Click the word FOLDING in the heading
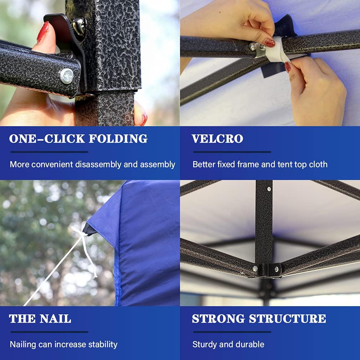click(118, 139)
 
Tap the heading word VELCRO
click(217, 139)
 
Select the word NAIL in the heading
click(55, 319)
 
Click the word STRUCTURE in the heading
click(287, 319)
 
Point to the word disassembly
click(98, 165)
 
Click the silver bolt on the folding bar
click(67, 76)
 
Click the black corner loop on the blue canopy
click(89, 229)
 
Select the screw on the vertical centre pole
click(269, 189)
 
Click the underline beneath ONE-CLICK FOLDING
click(49, 152)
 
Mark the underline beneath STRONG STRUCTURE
click(232, 332)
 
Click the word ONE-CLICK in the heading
click(47, 139)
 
